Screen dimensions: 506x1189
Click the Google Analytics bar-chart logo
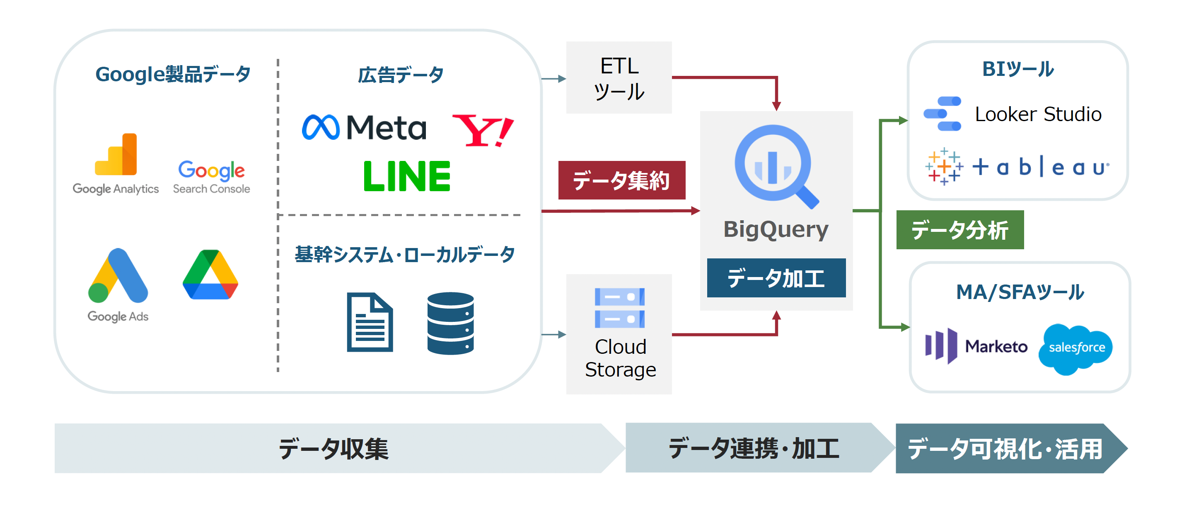tap(116, 155)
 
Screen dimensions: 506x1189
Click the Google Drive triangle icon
tap(210, 275)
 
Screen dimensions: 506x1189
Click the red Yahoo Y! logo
tap(483, 130)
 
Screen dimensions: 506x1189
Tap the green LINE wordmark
tap(407, 176)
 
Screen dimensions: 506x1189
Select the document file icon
tap(370, 322)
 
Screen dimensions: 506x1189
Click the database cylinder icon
tap(450, 323)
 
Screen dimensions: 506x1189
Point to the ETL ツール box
tap(619, 78)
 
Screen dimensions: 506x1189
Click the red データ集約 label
tap(621, 180)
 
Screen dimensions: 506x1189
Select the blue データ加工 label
tap(776, 278)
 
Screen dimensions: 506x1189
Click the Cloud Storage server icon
tap(619, 308)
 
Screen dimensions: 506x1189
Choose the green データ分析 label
tap(959, 230)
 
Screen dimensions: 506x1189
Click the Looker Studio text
tap(1038, 114)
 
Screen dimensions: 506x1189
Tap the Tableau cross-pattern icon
tap(944, 167)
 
